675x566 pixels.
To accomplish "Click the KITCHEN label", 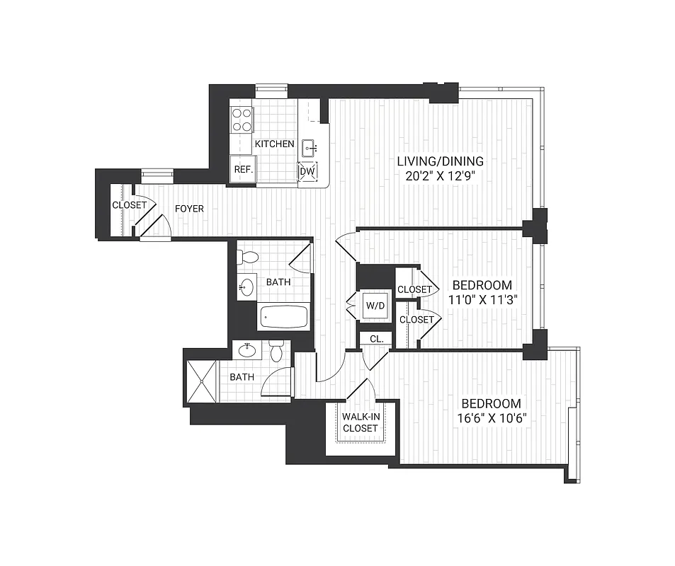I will coord(274,144).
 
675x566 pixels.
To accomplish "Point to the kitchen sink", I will coord(310,148).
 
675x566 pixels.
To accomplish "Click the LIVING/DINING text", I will coord(440,161).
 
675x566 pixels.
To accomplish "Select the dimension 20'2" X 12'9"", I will coord(440,176).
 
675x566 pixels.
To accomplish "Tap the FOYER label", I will coord(189,209).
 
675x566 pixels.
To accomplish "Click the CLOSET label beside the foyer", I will coord(129,205).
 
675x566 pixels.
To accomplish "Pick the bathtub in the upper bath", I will coord(283,316).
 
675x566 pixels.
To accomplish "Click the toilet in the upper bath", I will coord(248,258).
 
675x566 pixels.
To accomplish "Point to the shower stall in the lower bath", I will coord(202,381).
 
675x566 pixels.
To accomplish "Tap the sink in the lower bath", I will coord(247,350).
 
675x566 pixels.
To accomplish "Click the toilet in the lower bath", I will coord(277,351).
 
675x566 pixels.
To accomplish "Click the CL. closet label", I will coord(376,340).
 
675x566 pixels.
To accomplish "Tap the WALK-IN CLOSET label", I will coord(361,422).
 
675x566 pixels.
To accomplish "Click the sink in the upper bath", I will coord(246,287).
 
